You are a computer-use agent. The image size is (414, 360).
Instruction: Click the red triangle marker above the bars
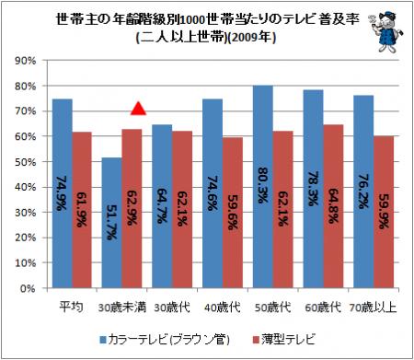click(x=138, y=109)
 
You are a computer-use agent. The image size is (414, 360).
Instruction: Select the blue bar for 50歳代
click(x=263, y=187)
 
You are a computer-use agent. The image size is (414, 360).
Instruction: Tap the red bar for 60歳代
click(x=333, y=206)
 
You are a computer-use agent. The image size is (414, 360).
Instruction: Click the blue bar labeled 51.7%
click(x=112, y=223)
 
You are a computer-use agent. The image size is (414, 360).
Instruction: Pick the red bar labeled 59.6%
click(x=233, y=213)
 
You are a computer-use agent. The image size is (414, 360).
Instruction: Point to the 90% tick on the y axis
click(x=26, y=61)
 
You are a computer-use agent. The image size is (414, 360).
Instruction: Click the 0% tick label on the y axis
click(x=28, y=288)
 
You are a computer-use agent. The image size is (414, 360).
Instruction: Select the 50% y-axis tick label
click(x=26, y=162)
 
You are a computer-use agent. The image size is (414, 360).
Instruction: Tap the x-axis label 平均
click(x=71, y=307)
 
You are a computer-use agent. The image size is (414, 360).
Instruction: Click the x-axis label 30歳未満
click(x=122, y=308)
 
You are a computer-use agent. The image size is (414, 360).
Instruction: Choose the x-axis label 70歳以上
click(x=374, y=308)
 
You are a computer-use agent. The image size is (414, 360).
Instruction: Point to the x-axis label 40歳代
click(x=223, y=308)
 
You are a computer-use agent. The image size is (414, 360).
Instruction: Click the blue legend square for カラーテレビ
click(x=103, y=340)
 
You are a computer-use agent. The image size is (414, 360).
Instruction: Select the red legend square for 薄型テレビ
click(x=256, y=340)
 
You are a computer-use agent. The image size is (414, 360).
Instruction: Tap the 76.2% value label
click(x=363, y=192)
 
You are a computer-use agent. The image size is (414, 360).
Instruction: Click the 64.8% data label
click(x=333, y=206)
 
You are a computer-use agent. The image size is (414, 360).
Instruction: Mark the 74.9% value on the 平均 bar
click(x=61, y=193)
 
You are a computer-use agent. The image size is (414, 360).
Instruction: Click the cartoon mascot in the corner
click(x=385, y=30)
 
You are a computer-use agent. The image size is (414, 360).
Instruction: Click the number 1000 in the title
click(x=192, y=20)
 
